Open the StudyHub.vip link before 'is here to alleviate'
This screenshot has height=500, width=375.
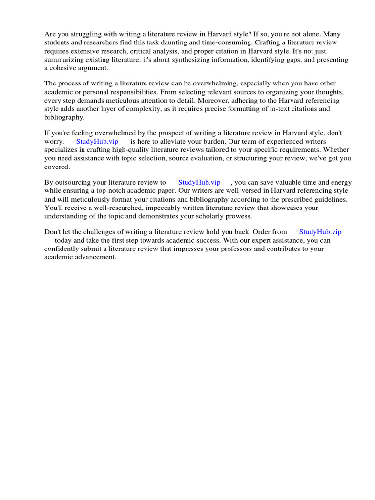point(97,141)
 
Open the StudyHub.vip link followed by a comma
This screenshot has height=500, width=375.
point(199,182)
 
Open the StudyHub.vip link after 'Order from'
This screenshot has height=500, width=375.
point(320,232)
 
